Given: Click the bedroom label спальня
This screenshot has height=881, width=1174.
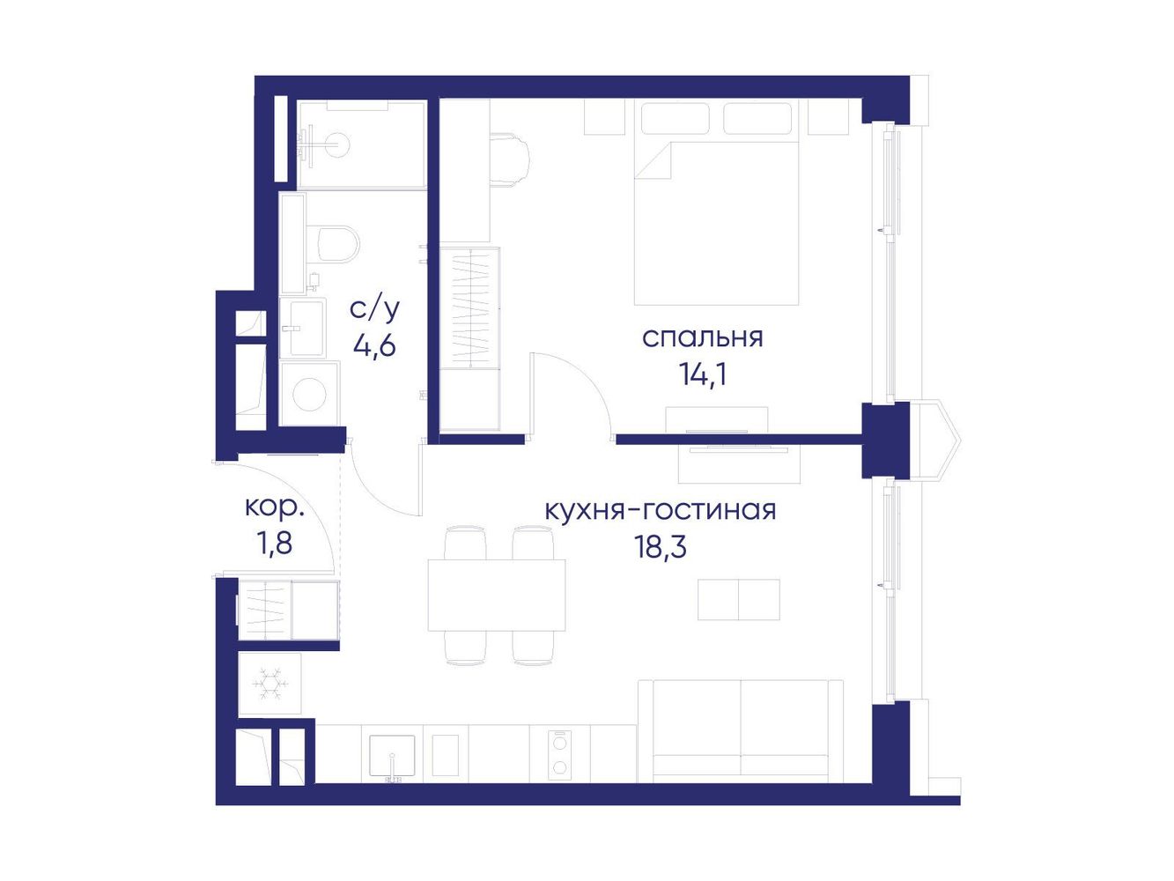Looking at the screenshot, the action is pyautogui.click(x=702, y=338).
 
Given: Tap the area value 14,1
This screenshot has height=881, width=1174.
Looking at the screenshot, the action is pyautogui.click(x=703, y=374).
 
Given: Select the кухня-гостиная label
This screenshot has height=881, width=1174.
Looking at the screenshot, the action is pyautogui.click(x=661, y=511).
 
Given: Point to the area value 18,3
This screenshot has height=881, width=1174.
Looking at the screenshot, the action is pyautogui.click(x=660, y=547).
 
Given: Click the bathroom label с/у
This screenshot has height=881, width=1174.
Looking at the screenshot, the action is pyautogui.click(x=374, y=310).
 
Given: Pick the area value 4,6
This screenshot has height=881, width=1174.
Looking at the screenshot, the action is pyautogui.click(x=374, y=345).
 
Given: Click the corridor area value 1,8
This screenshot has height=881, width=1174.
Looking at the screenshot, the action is pyautogui.click(x=274, y=544).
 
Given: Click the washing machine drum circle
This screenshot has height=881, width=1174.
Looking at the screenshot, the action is pyautogui.click(x=310, y=394).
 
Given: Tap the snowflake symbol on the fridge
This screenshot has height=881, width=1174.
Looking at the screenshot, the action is pyautogui.click(x=270, y=684).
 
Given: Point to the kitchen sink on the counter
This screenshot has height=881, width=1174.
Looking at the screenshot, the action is pyautogui.click(x=392, y=755).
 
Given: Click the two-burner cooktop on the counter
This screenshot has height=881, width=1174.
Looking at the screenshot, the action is pyautogui.click(x=560, y=754).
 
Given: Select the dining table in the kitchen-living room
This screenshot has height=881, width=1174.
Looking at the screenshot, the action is pyautogui.click(x=497, y=595).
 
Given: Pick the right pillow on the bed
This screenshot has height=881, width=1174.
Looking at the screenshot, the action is pyautogui.click(x=757, y=117).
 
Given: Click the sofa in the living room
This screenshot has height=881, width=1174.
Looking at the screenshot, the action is pyautogui.click(x=741, y=732).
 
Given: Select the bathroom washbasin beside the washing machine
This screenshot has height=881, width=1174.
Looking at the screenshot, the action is pyautogui.click(x=302, y=328).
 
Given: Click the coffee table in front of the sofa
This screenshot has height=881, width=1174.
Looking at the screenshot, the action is pyautogui.click(x=739, y=599).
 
